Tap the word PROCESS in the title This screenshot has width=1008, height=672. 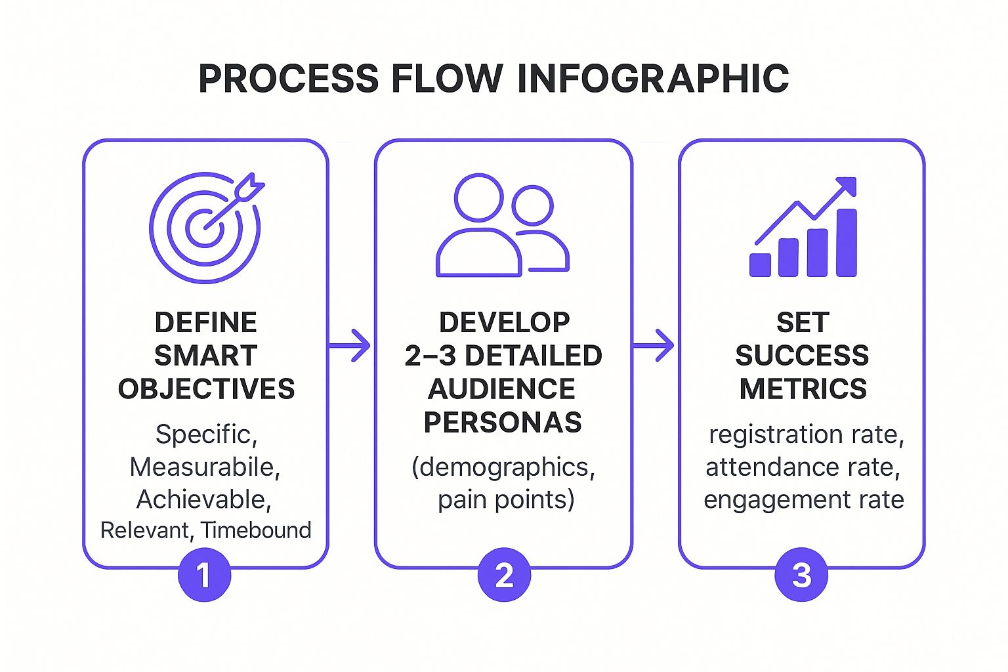[x=288, y=79]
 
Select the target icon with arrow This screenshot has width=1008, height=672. [x=206, y=226]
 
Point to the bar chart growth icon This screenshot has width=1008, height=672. [x=804, y=228]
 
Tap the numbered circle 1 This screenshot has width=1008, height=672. [x=204, y=576]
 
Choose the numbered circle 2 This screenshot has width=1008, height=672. [x=504, y=576]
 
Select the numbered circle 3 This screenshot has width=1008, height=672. [x=801, y=576]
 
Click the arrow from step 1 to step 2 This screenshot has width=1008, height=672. [x=350, y=345]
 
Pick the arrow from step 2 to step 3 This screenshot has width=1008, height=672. [x=654, y=345]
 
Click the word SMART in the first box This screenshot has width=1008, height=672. [x=205, y=356]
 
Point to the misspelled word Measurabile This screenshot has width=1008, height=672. [x=204, y=467]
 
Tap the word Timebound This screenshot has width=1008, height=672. [x=256, y=530]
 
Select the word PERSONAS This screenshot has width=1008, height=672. [x=503, y=422]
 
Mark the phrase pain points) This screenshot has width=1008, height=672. [x=506, y=499]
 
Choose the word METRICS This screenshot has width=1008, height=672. [x=803, y=388]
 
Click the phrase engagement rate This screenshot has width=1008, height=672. [x=803, y=499]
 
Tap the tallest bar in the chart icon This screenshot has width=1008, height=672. [x=847, y=243]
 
